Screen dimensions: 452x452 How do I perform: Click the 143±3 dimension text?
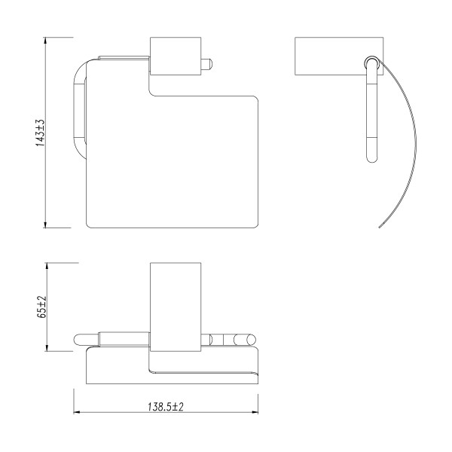click(41, 133)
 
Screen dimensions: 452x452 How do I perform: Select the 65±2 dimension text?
click(41, 307)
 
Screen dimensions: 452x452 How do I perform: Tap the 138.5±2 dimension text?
click(166, 407)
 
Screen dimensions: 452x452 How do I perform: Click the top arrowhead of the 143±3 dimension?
click(45, 41)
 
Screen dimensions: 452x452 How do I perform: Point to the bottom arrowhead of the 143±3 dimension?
click(45, 224)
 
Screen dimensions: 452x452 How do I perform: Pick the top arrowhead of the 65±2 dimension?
click(47, 266)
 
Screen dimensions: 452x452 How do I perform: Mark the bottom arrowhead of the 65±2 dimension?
click(47, 348)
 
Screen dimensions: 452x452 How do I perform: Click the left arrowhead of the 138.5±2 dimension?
click(77, 412)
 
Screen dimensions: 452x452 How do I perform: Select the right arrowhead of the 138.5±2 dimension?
click(255, 412)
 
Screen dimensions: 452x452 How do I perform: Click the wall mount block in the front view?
click(176, 56)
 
